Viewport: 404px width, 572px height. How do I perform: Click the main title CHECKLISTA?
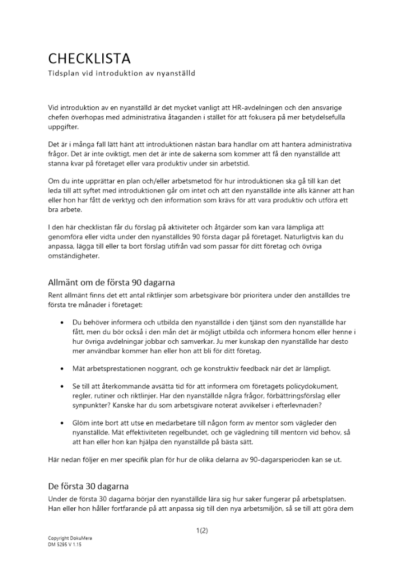coord(89,58)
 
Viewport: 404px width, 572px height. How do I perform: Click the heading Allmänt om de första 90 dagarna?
coord(111,283)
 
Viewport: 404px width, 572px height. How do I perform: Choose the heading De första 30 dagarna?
coord(88,486)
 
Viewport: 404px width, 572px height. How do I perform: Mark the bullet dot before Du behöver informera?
coord(61,322)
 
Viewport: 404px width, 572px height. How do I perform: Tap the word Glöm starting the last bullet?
coord(82,423)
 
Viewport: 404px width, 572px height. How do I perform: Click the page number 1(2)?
coord(201,530)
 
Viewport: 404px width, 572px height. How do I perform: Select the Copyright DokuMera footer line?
coord(69,539)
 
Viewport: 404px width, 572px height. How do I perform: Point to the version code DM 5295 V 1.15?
coord(65,545)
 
